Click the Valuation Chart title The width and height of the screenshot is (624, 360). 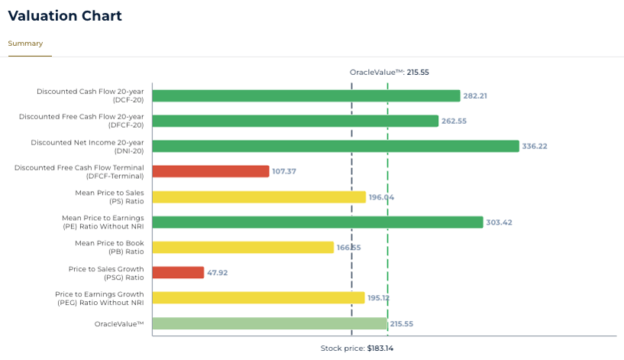(x=65, y=16)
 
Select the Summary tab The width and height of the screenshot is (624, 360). (x=25, y=44)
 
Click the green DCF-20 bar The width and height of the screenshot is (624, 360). (x=306, y=96)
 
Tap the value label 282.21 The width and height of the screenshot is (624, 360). (x=475, y=96)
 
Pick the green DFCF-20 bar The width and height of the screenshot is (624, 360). (x=295, y=121)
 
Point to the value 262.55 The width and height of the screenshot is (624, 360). (x=454, y=122)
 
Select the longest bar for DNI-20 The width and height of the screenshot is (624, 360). (x=335, y=146)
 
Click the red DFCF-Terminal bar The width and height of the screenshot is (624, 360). (x=211, y=171)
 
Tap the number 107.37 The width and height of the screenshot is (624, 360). (x=284, y=172)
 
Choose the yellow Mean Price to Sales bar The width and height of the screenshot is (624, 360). (x=259, y=196)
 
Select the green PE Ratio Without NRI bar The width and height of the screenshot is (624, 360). (x=318, y=222)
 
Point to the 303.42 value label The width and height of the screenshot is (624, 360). (x=498, y=223)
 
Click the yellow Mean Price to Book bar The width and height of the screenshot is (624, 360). (x=243, y=248)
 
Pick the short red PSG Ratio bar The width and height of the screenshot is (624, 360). (x=178, y=273)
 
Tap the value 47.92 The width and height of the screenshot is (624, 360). (x=218, y=274)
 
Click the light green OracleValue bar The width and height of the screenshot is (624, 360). (x=270, y=323)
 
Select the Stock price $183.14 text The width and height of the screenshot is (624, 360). (x=357, y=349)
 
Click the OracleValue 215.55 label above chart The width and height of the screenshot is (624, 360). (x=389, y=73)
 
